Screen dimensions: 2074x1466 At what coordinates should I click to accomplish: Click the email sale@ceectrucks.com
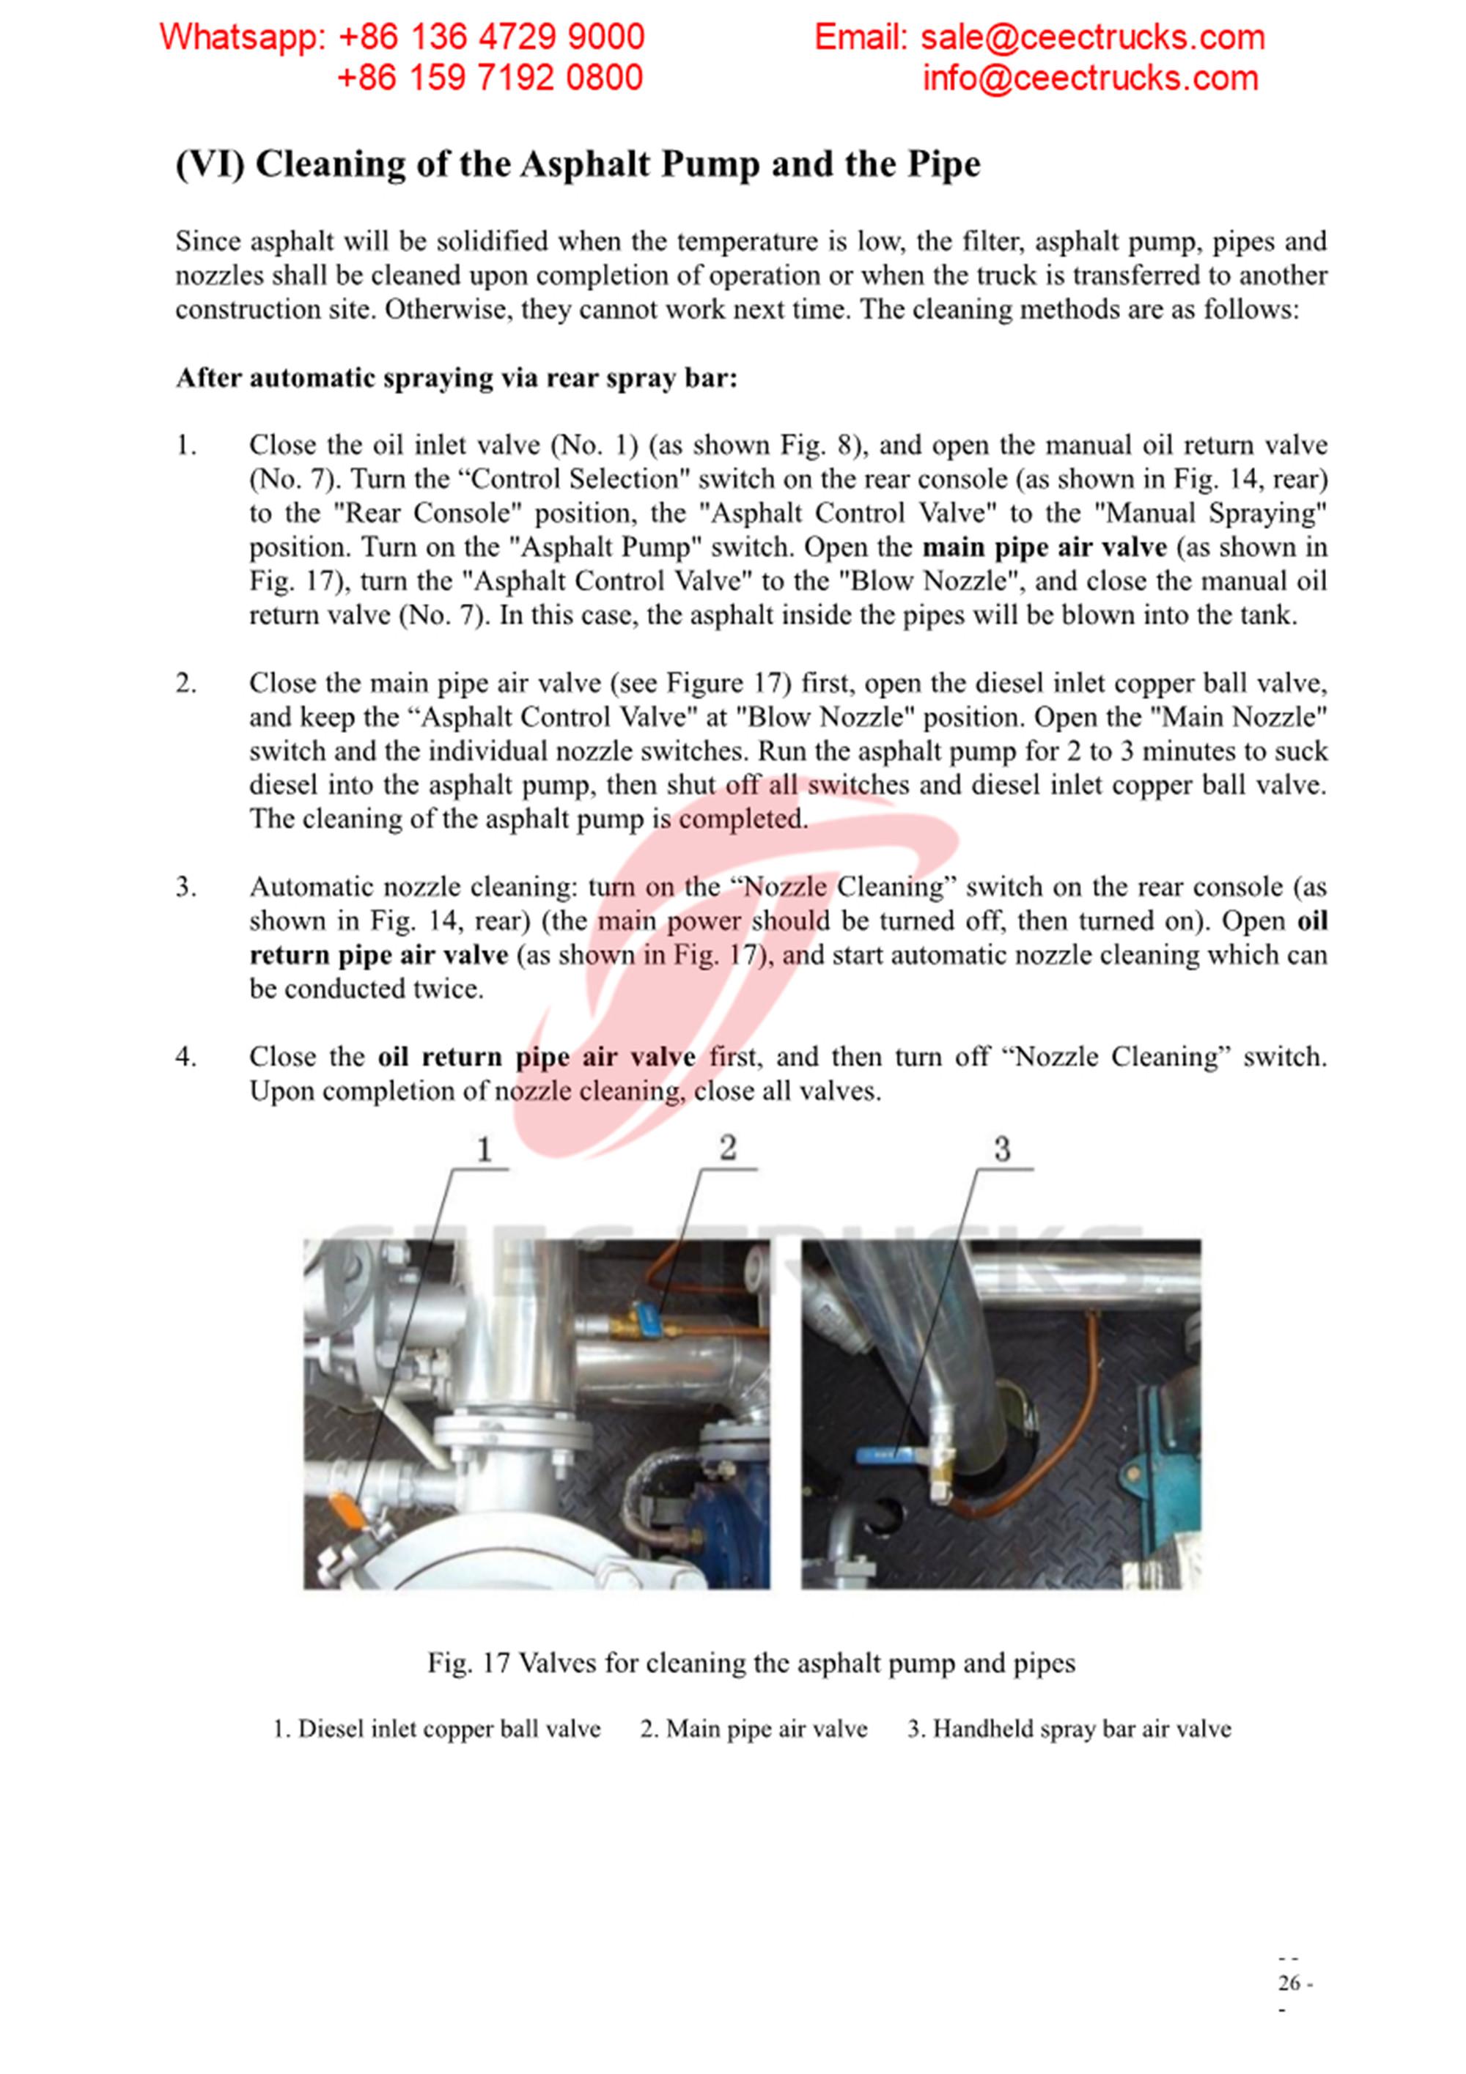(x=1092, y=37)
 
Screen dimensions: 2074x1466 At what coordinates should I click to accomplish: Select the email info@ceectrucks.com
(x=1089, y=78)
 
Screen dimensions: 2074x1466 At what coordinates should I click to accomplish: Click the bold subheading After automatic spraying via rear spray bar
(x=456, y=377)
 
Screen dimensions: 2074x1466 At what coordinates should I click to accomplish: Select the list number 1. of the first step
(x=186, y=446)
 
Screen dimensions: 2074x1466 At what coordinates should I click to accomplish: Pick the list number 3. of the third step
(x=186, y=887)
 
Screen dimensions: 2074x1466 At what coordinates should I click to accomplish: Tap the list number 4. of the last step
(x=186, y=1057)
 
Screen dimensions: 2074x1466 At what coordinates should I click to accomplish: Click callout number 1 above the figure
(x=485, y=1150)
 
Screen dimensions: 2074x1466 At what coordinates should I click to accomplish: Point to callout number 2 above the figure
(x=728, y=1148)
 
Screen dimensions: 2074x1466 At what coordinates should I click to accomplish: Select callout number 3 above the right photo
(x=1002, y=1150)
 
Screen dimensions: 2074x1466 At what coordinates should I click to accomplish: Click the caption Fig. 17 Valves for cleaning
(x=751, y=1663)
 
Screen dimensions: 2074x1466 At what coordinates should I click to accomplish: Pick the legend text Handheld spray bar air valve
(x=1081, y=1729)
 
